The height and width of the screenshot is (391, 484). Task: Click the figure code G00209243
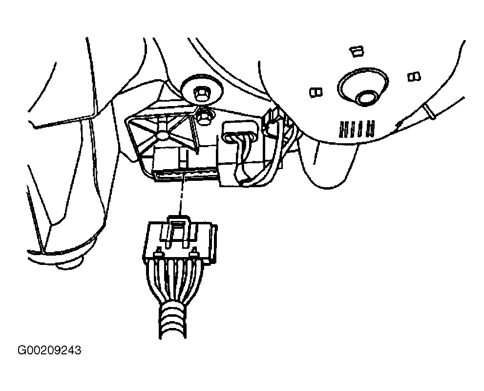pyautogui.click(x=50, y=350)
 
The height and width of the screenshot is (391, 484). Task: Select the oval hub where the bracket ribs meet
pyautogui.click(x=162, y=135)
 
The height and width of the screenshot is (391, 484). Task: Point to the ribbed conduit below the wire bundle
pyautogui.click(x=172, y=321)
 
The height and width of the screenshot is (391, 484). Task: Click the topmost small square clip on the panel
pyautogui.click(x=357, y=51)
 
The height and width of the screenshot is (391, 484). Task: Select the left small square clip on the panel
pyautogui.click(x=316, y=92)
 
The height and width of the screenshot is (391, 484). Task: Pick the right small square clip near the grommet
pyautogui.click(x=414, y=76)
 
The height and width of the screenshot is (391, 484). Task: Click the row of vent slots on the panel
pyautogui.click(x=357, y=129)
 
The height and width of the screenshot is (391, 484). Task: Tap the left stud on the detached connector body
pyautogui.click(x=159, y=252)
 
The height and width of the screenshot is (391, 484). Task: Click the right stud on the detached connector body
pyautogui.click(x=194, y=252)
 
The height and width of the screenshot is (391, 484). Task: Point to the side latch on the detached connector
pyautogui.click(x=213, y=244)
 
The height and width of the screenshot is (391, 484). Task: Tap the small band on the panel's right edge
pyautogui.click(x=430, y=111)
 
